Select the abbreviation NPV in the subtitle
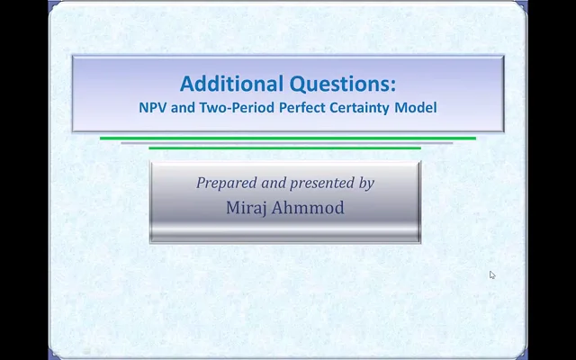click(152, 107)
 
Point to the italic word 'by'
click(366, 183)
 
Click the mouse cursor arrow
click(492, 275)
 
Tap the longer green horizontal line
click(288, 139)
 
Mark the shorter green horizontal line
click(284, 148)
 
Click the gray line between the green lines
click(286, 143)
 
